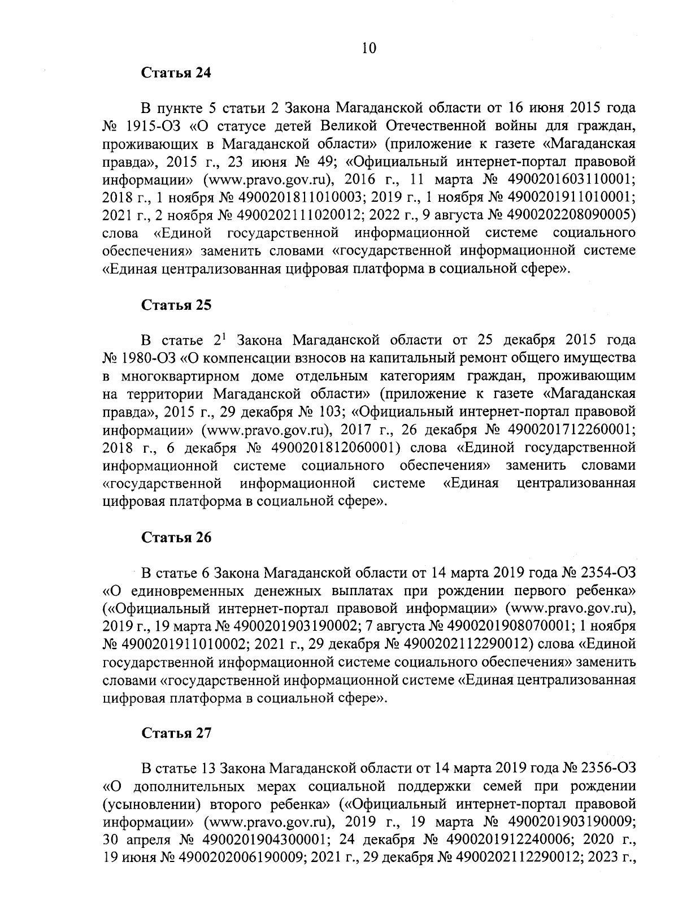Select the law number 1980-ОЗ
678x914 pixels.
(x=149, y=358)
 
